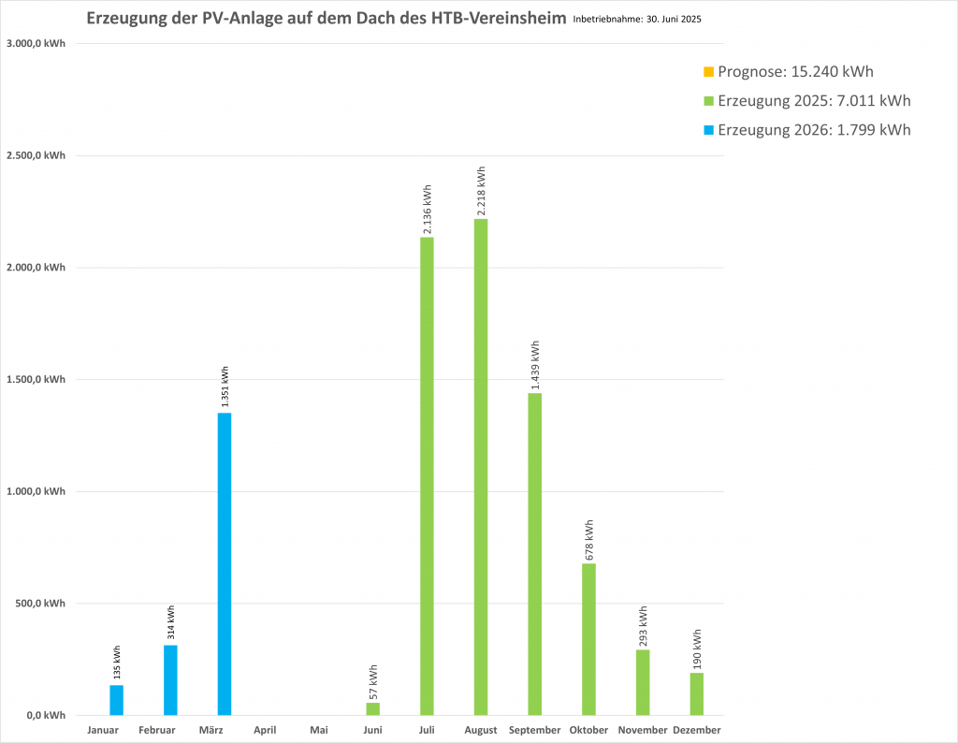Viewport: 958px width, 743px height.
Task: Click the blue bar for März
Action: pos(225,563)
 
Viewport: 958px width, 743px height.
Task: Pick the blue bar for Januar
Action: pos(116,700)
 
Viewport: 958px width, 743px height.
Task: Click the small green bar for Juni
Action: pos(372,709)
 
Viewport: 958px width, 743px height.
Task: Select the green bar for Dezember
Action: pos(697,693)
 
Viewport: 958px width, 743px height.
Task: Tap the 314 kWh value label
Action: pos(170,621)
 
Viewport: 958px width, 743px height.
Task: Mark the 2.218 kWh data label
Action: pos(481,191)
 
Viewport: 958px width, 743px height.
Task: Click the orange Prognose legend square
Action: pos(708,72)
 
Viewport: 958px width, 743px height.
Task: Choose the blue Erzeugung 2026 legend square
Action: pos(708,130)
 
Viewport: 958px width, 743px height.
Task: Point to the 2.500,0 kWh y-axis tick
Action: pos(36,155)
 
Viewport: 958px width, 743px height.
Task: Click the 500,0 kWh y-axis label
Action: pos(41,604)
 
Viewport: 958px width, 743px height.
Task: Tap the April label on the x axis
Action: pos(265,730)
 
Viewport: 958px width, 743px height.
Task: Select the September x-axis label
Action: pos(535,730)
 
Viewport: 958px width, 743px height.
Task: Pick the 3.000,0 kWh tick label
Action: pos(36,43)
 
